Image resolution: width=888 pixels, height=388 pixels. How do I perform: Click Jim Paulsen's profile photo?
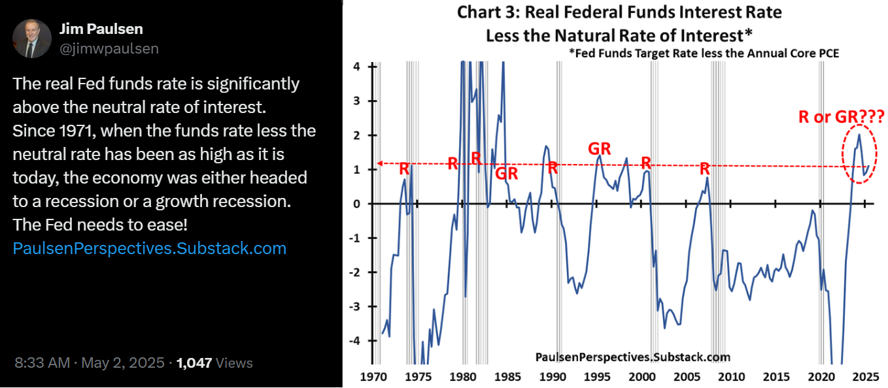32,39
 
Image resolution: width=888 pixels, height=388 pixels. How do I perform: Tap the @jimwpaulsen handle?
109,49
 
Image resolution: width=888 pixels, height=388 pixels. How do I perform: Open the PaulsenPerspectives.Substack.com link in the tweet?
150,248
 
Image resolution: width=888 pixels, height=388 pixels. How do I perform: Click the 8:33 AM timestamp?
42,363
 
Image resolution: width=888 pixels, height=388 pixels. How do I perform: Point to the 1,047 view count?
194,363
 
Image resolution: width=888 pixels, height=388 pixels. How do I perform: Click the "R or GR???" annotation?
841,117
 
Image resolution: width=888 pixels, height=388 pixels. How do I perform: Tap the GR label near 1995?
599,149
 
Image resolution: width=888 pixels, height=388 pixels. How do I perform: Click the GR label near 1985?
506,174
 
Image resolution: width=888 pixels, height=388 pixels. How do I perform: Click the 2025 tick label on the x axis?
865,376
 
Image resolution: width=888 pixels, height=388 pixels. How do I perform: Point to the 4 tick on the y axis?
356,67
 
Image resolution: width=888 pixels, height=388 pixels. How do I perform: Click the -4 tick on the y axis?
354,340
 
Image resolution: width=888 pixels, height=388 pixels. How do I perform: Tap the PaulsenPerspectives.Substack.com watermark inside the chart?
632,357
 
